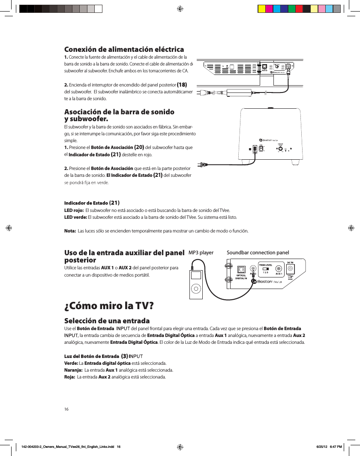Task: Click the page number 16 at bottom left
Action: click(x=66, y=409)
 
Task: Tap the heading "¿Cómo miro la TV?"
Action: click(x=108, y=306)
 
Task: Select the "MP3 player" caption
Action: click(x=201, y=253)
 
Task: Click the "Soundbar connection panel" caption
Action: click(x=258, y=253)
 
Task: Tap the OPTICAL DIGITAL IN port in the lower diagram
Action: click(x=241, y=269)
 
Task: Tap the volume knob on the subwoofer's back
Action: click(x=280, y=149)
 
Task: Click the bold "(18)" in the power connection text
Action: click(x=182, y=84)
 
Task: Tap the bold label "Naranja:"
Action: click(x=73, y=370)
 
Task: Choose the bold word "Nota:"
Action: click(x=70, y=231)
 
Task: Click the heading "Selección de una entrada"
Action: click(x=107, y=321)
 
